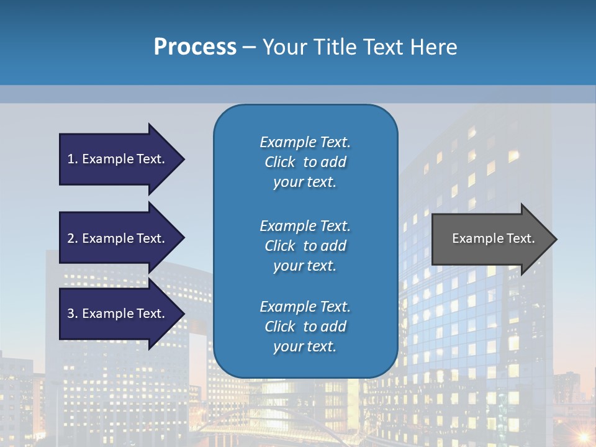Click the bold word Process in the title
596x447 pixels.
(195, 47)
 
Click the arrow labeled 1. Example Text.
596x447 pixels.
(118, 159)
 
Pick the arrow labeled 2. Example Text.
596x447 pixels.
(118, 238)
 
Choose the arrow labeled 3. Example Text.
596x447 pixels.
(118, 314)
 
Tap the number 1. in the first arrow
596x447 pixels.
(73, 159)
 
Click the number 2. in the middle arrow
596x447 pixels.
(73, 238)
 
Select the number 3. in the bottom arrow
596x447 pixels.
(73, 314)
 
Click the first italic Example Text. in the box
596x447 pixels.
(305, 142)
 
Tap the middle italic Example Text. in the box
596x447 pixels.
(305, 226)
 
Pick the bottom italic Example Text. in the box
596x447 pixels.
(305, 307)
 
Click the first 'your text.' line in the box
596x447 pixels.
(304, 183)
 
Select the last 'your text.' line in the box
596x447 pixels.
(304, 347)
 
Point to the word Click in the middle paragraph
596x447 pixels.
(279, 246)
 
